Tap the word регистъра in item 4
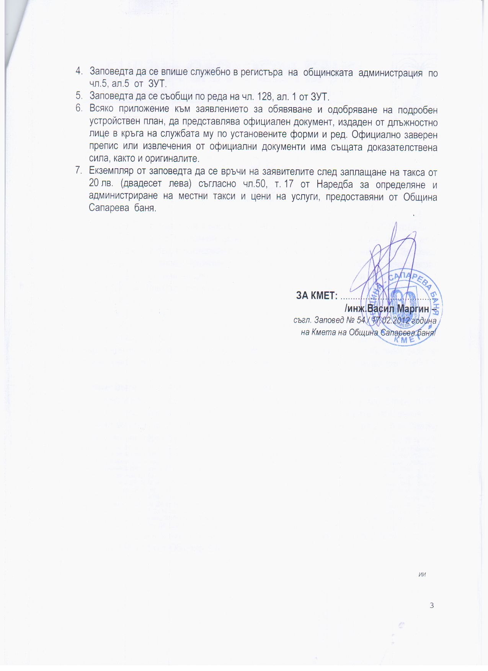click(x=262, y=72)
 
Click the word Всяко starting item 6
click(x=101, y=109)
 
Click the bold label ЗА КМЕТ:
click(x=317, y=296)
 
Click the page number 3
click(x=432, y=605)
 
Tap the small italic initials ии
click(x=423, y=574)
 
